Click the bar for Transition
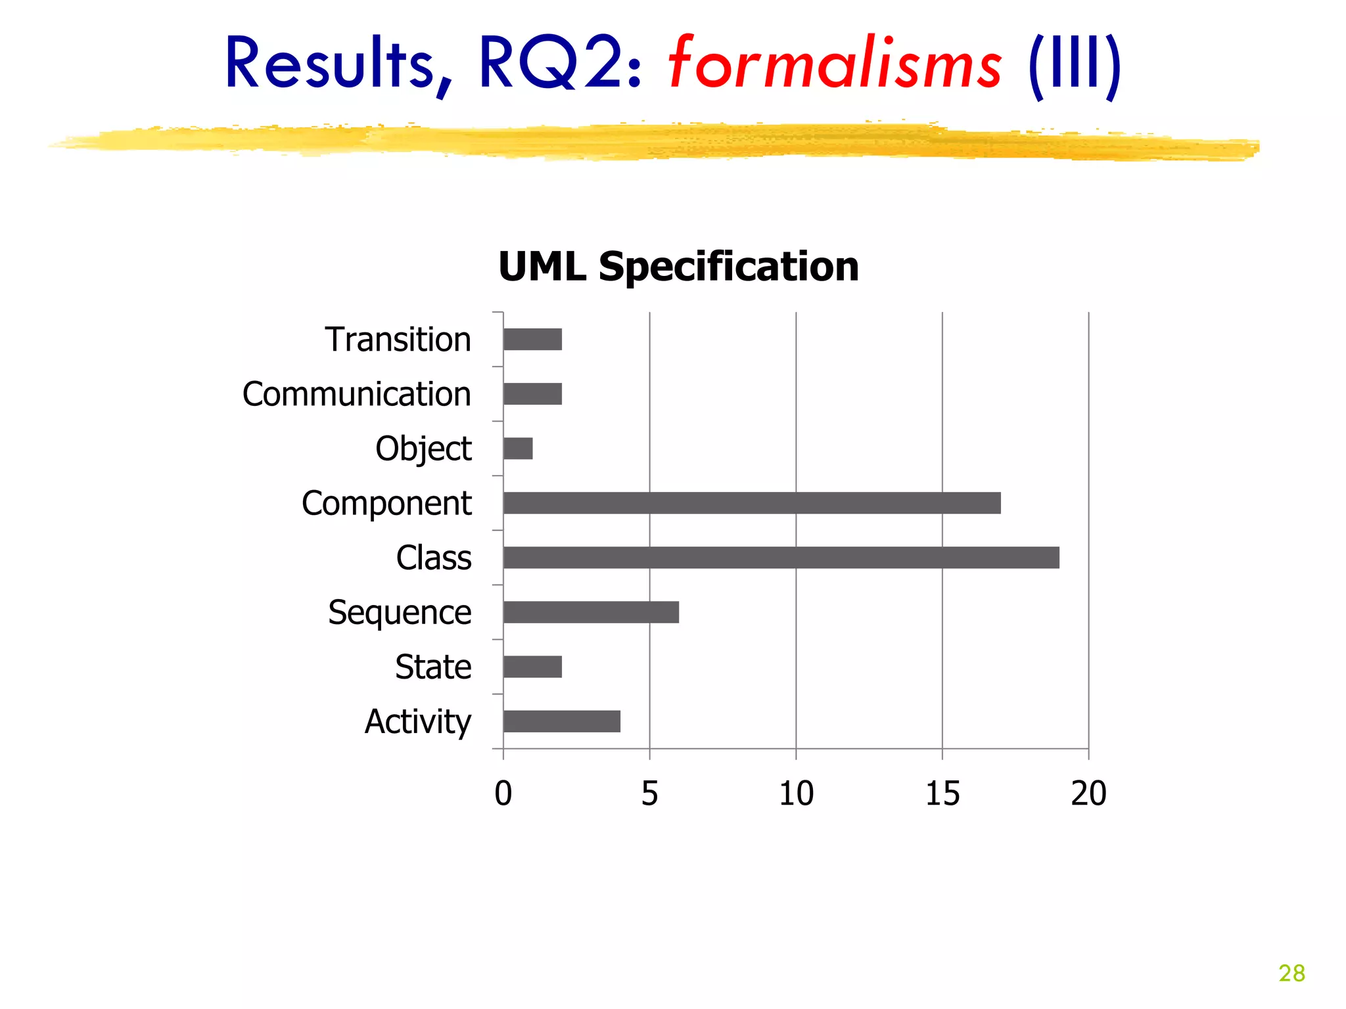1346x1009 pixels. point(532,340)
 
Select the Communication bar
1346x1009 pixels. point(532,394)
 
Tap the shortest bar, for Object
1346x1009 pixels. point(518,449)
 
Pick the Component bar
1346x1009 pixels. point(751,503)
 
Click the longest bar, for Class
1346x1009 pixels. point(781,558)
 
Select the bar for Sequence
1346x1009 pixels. point(591,612)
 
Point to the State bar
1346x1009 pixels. point(532,667)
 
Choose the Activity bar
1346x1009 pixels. point(561,721)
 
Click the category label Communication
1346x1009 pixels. point(357,394)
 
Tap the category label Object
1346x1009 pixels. point(423,449)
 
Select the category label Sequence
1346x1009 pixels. point(400,613)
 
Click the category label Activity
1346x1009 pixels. point(418,722)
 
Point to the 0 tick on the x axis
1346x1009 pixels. point(503,794)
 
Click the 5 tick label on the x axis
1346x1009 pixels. point(649,794)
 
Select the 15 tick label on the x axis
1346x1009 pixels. point(942,794)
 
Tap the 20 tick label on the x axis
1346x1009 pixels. point(1088,794)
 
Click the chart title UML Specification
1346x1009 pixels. point(678,267)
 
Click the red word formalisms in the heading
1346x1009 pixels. point(835,64)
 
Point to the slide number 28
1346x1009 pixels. point(1291,973)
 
